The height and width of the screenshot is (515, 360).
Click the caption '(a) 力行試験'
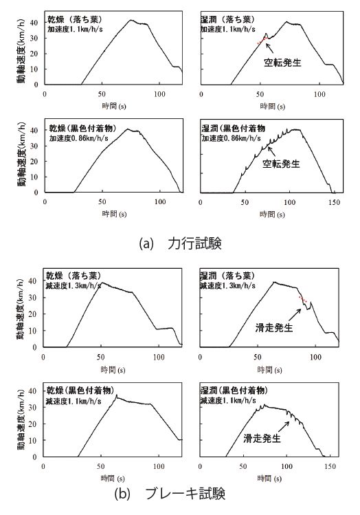(181, 243)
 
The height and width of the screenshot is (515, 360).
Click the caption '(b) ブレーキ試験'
(170, 494)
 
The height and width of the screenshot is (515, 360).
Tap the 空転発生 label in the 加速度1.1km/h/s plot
(282, 63)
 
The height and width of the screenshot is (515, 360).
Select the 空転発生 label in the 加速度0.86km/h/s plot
(281, 164)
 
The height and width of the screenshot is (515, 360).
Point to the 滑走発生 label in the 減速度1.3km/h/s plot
(274, 327)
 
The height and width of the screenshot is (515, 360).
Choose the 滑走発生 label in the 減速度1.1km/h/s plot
(262, 438)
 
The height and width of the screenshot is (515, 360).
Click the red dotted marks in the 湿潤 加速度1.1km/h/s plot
(262, 41)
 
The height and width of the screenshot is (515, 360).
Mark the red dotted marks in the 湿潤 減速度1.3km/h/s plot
(302, 299)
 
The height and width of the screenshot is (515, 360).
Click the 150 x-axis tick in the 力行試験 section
(334, 202)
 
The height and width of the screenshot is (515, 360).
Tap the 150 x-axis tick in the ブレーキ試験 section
(330, 466)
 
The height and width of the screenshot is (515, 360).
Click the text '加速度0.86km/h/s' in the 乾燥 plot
(78, 138)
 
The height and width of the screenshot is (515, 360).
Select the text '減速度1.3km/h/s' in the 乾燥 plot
(73, 285)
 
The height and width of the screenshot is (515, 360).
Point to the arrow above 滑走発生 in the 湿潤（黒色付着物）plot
(283, 427)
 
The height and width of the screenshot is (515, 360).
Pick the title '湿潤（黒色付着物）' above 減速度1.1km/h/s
(234, 391)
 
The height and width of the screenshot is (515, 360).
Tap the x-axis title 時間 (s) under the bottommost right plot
(269, 479)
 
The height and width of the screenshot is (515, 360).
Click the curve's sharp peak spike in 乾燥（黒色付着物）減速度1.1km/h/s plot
(116, 395)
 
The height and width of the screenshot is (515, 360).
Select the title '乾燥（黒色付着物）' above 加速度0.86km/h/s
(82, 128)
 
